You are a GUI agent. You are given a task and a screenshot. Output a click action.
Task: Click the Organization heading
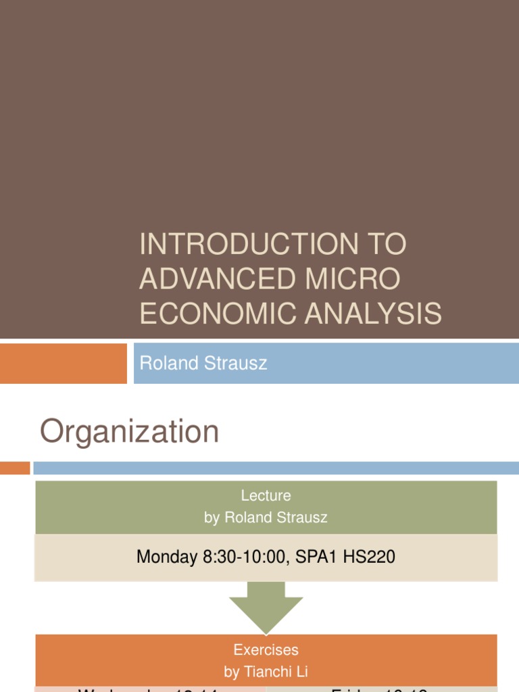click(x=130, y=432)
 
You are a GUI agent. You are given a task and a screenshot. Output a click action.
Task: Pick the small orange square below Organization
click(x=15, y=468)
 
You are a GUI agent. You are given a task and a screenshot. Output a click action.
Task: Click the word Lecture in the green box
click(x=266, y=496)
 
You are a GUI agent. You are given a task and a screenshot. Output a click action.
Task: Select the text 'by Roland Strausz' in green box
click(x=266, y=518)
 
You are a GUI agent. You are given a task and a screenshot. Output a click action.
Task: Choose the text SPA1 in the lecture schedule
click(x=318, y=558)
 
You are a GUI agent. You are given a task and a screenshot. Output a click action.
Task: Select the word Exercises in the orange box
click(x=266, y=650)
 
